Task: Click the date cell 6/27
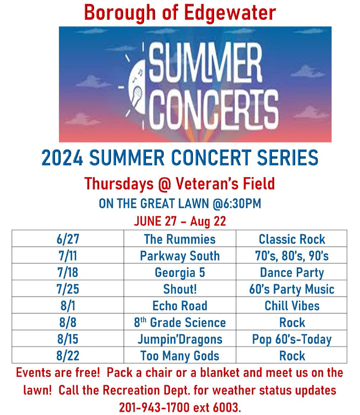(x=68, y=239)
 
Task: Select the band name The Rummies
(x=180, y=239)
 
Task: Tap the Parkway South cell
(x=180, y=256)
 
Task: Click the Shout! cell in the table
(x=180, y=289)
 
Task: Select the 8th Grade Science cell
(x=180, y=322)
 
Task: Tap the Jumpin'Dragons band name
(x=180, y=339)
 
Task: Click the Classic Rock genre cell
(x=292, y=239)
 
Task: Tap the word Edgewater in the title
(x=230, y=13)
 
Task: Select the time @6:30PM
(x=237, y=203)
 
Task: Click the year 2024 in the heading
(x=62, y=158)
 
